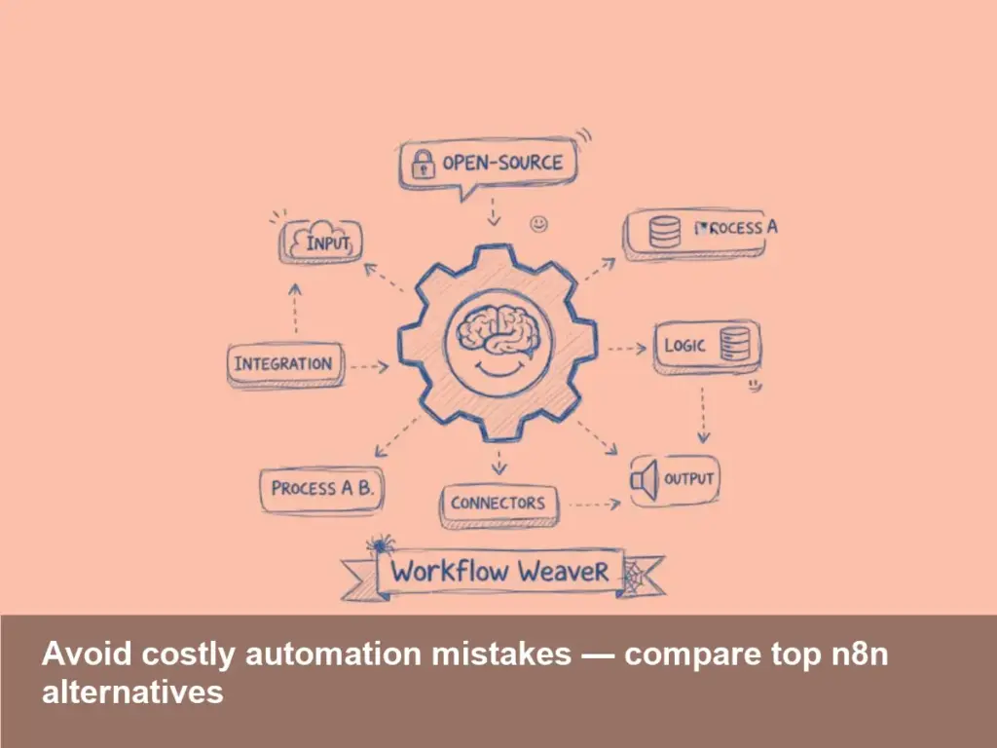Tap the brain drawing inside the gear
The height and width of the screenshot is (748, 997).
tap(498, 329)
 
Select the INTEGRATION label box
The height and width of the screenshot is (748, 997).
tap(283, 364)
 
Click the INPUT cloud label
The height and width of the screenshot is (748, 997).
tap(321, 242)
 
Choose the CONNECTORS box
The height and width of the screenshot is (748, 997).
tap(498, 504)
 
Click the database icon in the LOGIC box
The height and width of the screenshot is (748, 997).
tap(732, 345)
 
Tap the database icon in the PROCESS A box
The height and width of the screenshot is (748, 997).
tap(665, 232)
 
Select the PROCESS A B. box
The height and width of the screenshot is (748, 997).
tap(321, 488)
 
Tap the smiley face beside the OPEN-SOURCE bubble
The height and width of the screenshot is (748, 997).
tap(538, 224)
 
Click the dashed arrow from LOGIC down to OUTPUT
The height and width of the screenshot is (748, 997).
tap(703, 414)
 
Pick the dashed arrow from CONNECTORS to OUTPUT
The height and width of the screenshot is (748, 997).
tap(594, 505)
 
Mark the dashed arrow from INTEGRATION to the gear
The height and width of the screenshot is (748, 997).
tap(369, 367)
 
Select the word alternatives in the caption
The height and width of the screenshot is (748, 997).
tap(132, 692)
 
